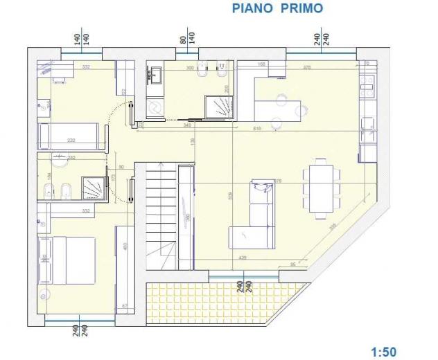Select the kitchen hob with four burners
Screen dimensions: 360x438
367,87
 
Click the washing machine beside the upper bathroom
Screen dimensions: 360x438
154,107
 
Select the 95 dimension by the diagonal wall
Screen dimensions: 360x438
293,264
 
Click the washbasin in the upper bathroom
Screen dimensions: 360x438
155,73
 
